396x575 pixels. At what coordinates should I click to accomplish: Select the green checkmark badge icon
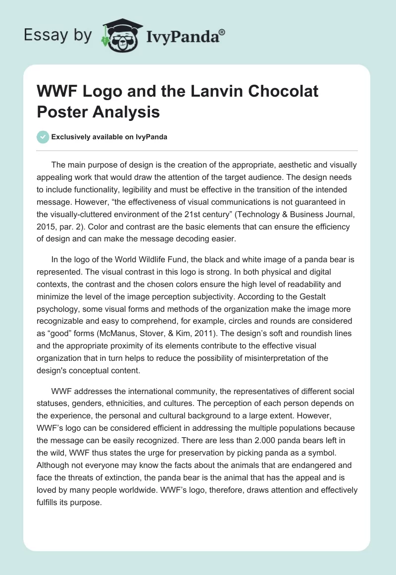[43, 137]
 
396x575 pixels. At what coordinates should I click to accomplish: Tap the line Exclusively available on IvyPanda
[110, 137]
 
